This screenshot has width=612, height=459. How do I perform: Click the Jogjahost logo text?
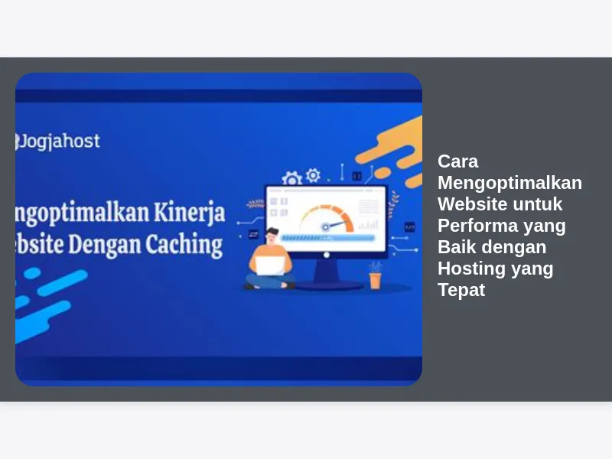58,142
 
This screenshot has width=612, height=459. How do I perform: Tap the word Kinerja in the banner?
189,213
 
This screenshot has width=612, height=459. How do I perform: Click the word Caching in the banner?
184,245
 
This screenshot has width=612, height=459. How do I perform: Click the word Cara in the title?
457,161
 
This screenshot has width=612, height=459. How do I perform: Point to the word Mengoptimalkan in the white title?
509,183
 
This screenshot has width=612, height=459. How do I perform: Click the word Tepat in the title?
461,291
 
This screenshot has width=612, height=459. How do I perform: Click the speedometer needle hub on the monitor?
325,227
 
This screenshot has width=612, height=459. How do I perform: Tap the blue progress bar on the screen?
327,238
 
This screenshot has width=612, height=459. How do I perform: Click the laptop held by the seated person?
270,265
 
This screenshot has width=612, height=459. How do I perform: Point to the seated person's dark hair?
272,231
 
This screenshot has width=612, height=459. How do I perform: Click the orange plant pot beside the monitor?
375,281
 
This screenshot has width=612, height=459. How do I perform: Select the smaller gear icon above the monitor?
313,175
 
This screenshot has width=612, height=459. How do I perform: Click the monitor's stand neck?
327,270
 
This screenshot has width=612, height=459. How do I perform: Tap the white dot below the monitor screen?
327,255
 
